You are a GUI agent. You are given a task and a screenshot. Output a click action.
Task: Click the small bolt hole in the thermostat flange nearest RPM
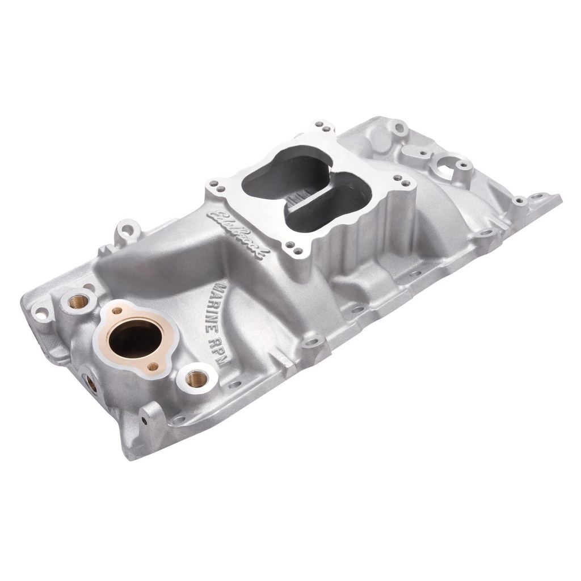coord(153,367)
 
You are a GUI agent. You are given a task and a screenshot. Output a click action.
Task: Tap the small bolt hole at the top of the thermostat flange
coord(117,310)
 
